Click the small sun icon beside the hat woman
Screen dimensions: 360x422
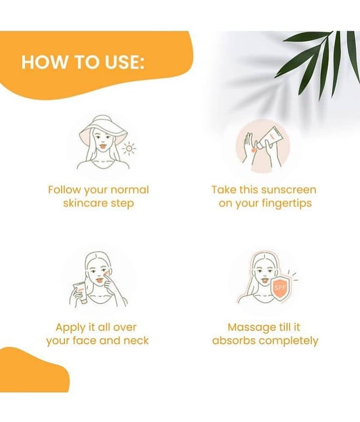129,148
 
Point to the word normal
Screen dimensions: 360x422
130,190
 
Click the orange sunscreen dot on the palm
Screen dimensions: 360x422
252,150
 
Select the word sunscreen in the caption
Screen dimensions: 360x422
288,190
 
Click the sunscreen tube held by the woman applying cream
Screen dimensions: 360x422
81,293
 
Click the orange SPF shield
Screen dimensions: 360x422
280,289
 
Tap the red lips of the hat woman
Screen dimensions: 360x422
103,146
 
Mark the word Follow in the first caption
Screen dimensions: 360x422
64,190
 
